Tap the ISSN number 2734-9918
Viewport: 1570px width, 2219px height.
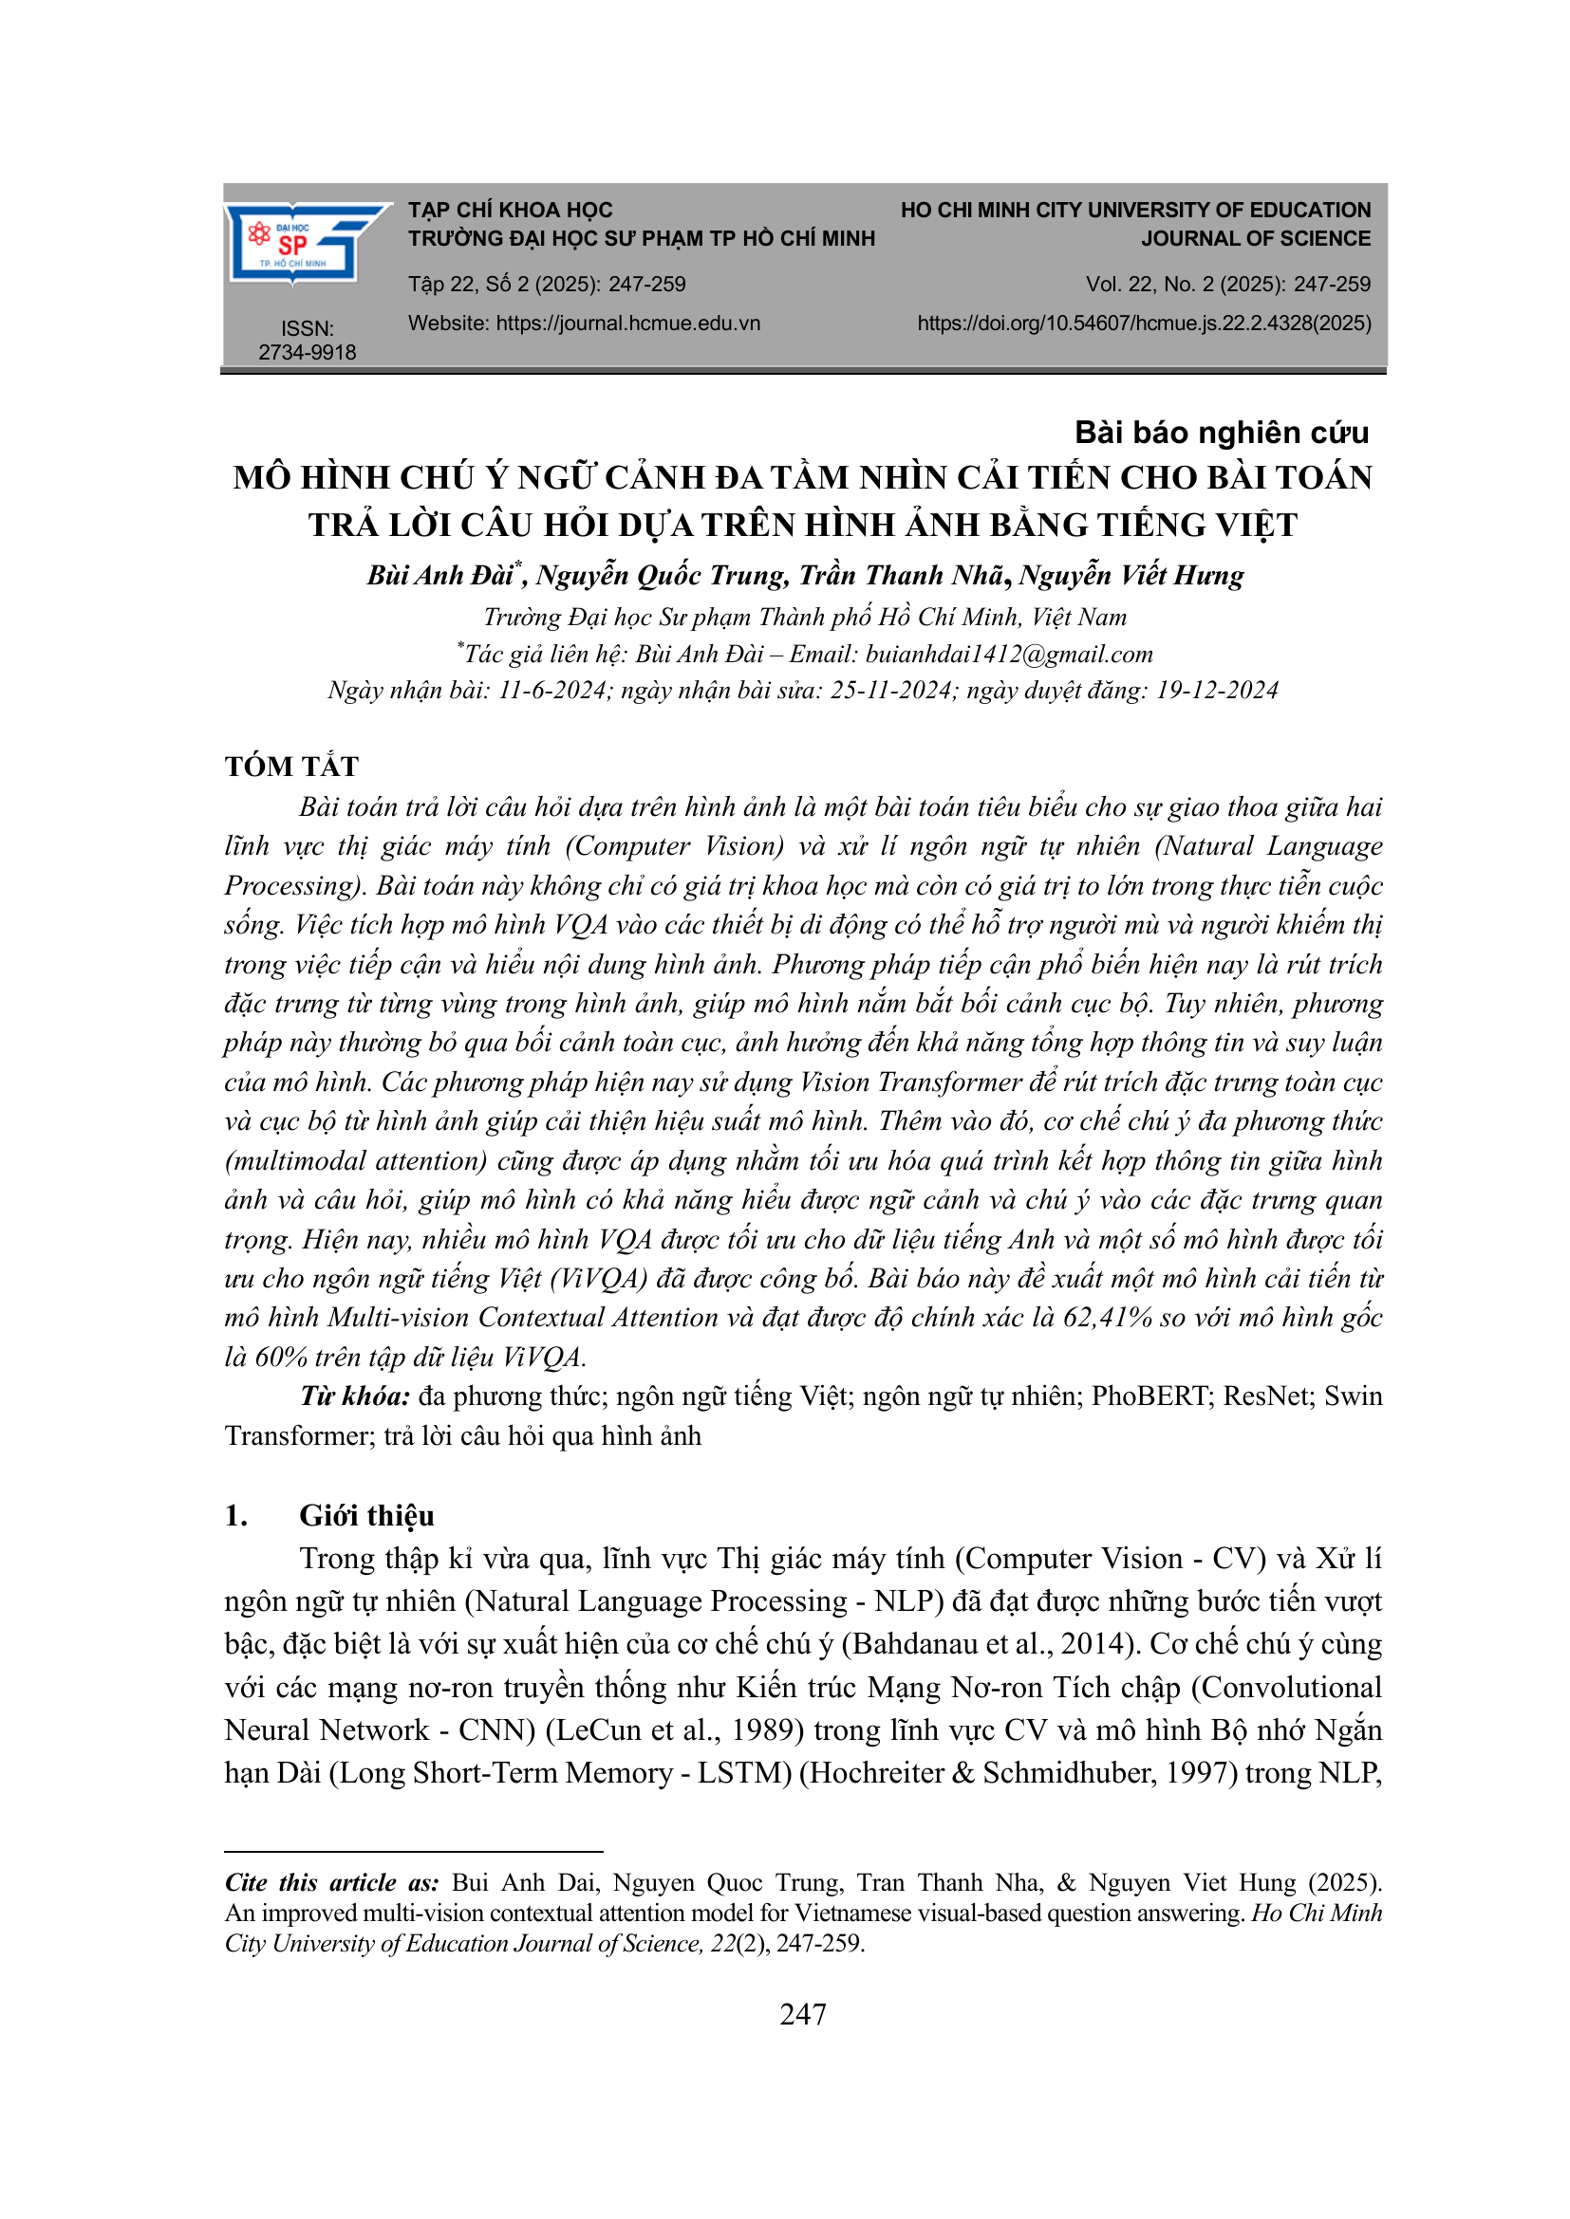coord(307,352)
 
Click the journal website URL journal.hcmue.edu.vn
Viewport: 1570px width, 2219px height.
coord(627,323)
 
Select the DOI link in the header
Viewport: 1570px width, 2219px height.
coord(1144,323)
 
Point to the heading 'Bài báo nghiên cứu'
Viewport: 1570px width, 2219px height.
coord(1221,432)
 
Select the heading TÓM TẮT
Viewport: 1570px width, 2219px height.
coord(291,767)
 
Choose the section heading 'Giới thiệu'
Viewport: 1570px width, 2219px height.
coord(366,1515)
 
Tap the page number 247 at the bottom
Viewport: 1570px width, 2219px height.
coord(802,2014)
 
